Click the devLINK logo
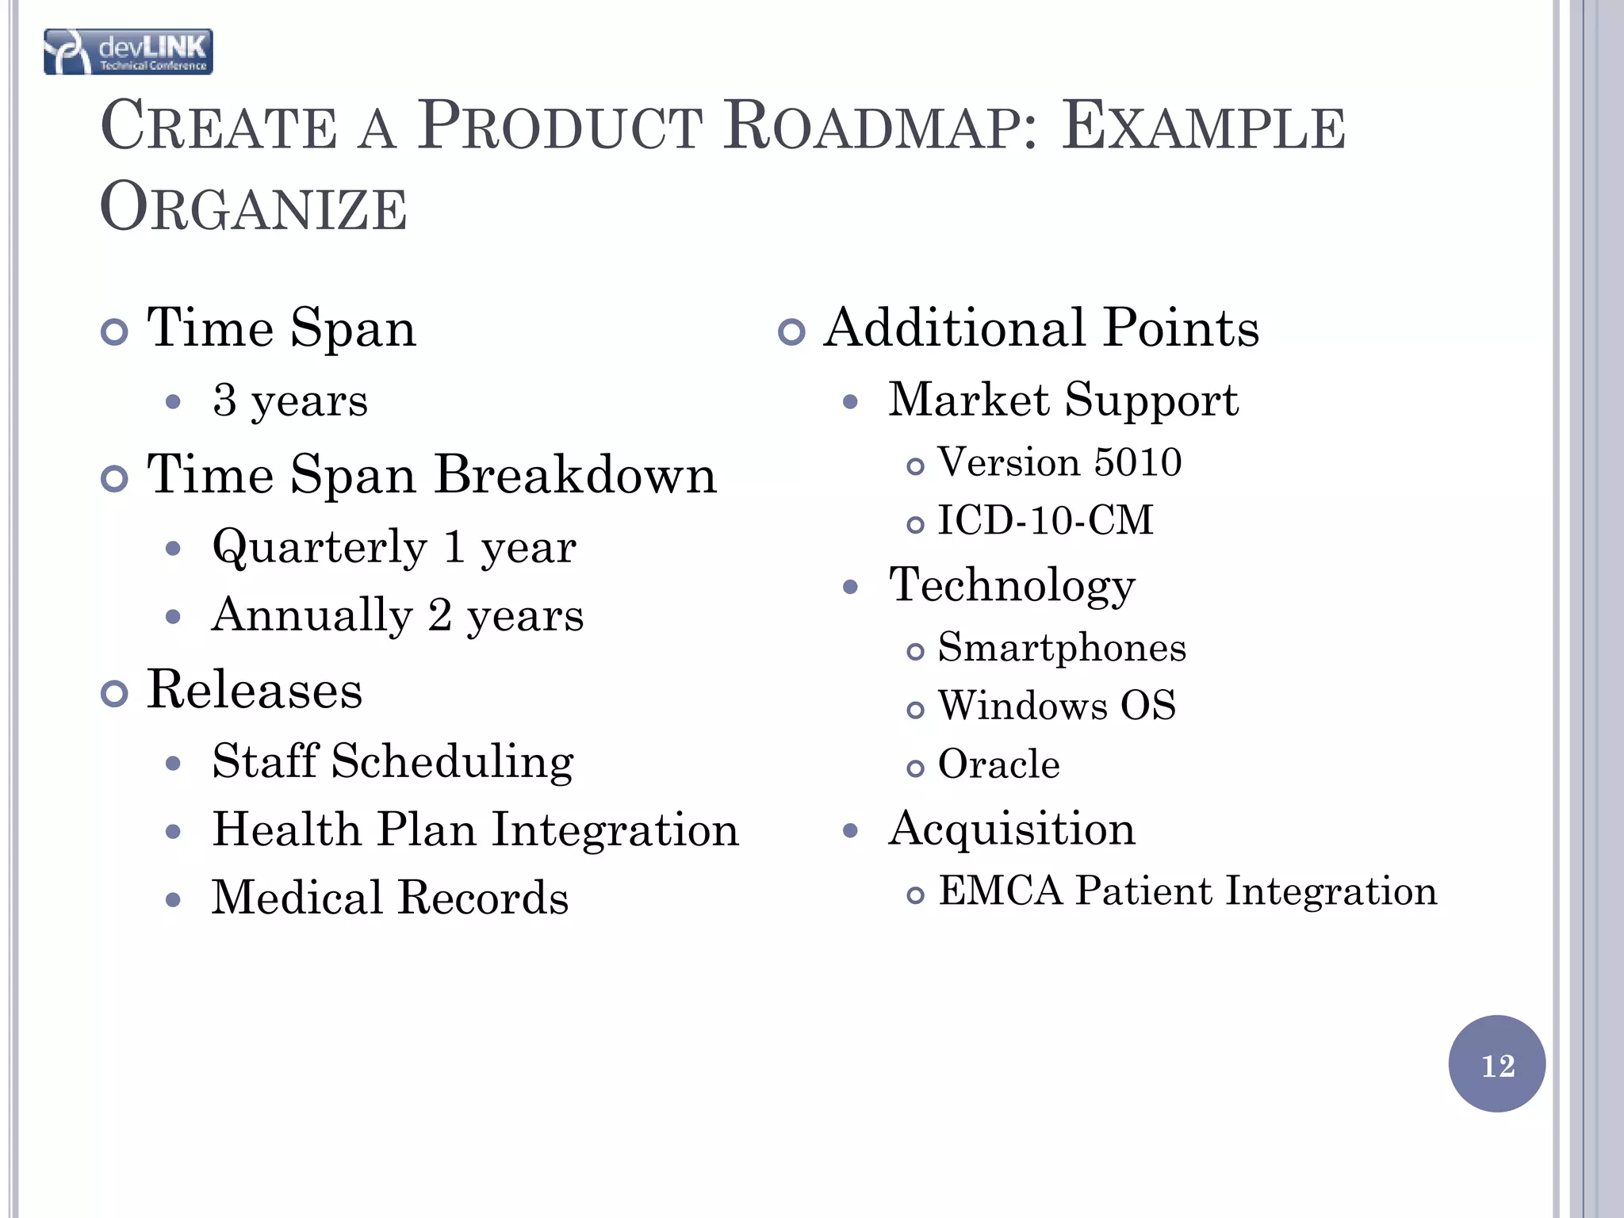128,52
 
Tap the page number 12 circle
1496,1064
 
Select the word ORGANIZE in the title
254,208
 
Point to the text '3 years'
290,400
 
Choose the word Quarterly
320,547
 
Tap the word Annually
312,615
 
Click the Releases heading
255,690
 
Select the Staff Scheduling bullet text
393,762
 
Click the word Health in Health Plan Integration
286,830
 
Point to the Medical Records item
390,898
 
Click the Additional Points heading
1041,327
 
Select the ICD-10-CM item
1045,521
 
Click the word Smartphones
1062,648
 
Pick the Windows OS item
1056,706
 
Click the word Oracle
998,764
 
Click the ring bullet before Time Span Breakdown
115,479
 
